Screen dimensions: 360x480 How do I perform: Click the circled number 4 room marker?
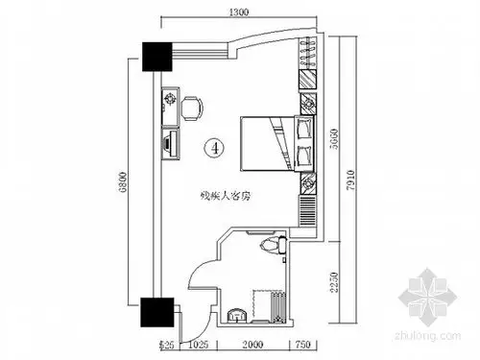(x=216, y=147)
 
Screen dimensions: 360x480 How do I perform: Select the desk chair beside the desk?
(x=192, y=104)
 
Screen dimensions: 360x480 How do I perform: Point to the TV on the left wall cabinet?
(x=169, y=144)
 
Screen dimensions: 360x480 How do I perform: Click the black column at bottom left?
(x=155, y=311)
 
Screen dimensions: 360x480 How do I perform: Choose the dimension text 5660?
(x=332, y=144)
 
